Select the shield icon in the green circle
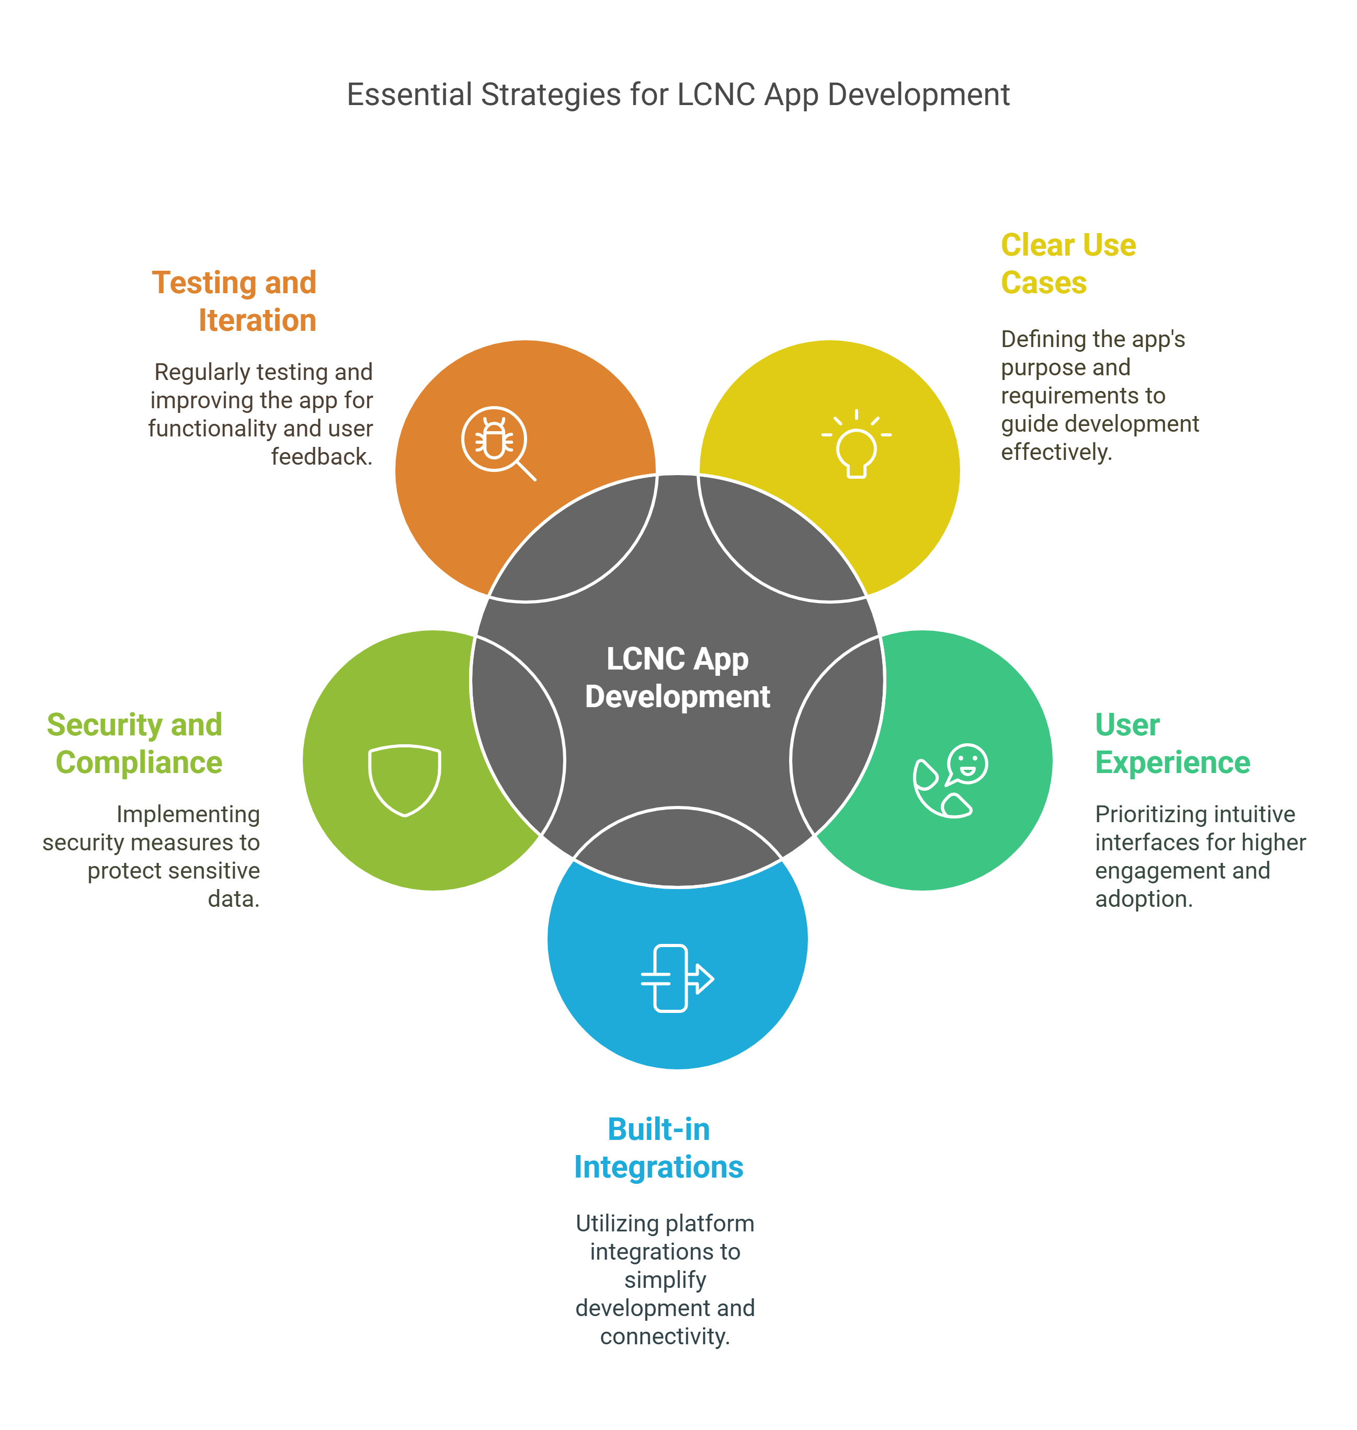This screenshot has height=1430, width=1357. coord(404,780)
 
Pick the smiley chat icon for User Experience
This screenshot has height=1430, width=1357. coord(950,781)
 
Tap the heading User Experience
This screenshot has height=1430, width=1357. coord(1172,743)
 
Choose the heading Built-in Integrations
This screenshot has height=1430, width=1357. coord(659,1148)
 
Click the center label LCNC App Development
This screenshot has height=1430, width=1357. coord(678,678)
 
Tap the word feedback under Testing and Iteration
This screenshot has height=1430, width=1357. coord(321,457)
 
